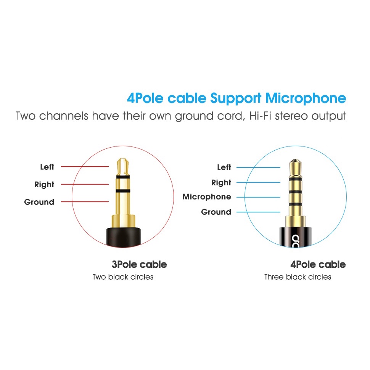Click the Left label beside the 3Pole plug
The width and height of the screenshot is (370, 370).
pyautogui.click(x=47, y=167)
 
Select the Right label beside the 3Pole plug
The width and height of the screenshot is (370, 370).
pyautogui.click(x=44, y=184)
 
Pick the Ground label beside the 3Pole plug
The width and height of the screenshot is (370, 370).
pyautogui.click(x=39, y=202)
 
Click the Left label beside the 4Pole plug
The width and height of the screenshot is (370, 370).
pyautogui.click(x=224, y=167)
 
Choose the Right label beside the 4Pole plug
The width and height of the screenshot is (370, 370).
pyautogui.click(x=221, y=182)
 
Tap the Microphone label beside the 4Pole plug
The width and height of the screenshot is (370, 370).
pyautogui.click(x=207, y=197)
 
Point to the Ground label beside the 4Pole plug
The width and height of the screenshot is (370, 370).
pyautogui.click(x=216, y=212)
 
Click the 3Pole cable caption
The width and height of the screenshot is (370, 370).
pyautogui.click(x=139, y=264)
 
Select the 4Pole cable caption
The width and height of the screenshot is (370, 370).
pyautogui.click(x=318, y=264)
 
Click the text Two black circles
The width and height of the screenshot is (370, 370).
pyautogui.click(x=123, y=277)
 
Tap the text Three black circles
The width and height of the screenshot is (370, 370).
pyautogui.click(x=298, y=277)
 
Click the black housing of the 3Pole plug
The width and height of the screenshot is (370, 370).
pyautogui.click(x=123, y=235)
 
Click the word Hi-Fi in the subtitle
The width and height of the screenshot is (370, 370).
pyautogui.click(x=262, y=116)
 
